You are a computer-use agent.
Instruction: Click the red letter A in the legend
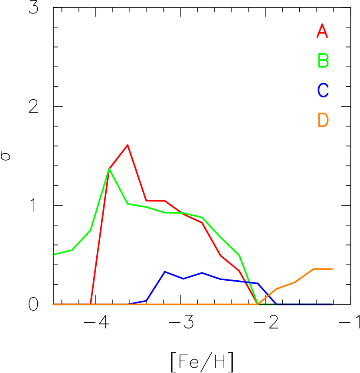(322, 32)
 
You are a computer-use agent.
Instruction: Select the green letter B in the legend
(323, 61)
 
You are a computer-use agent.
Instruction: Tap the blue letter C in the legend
(323, 91)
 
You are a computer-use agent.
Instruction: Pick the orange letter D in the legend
(323, 120)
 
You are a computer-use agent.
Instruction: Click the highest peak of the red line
(128, 145)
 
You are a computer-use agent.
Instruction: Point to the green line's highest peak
(109, 169)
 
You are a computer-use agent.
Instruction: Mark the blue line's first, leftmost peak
(165, 272)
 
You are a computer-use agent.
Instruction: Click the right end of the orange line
(332, 269)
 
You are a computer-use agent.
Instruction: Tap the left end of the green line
(53, 254)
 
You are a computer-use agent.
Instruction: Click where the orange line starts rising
(258, 304)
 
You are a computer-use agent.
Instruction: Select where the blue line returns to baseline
(276, 304)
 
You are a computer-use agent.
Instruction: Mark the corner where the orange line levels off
(314, 269)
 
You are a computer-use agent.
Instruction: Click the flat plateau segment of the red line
(156, 201)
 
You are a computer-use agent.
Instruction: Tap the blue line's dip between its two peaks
(183, 279)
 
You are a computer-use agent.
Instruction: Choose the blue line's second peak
(202, 273)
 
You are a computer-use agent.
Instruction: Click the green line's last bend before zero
(239, 256)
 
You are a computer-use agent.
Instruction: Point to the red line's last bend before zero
(239, 271)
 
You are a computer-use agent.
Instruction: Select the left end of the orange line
(53, 304)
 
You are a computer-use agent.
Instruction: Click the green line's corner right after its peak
(128, 204)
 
